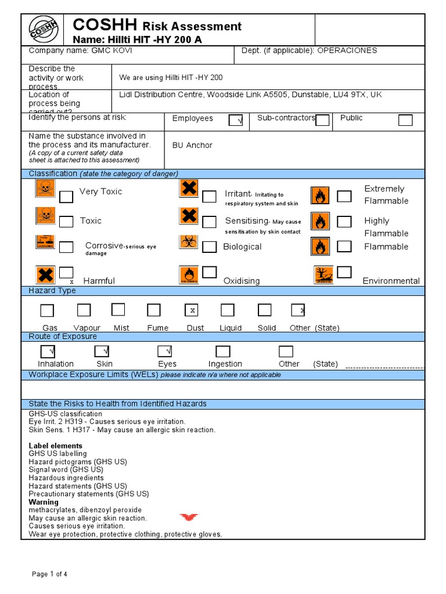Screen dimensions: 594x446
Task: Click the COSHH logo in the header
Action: [x=45, y=29]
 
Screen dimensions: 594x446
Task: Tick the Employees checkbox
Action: [x=236, y=120]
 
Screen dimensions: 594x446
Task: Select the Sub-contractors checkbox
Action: [x=322, y=120]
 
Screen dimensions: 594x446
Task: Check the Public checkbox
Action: [x=405, y=120]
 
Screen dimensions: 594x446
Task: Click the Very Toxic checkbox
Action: [x=67, y=197]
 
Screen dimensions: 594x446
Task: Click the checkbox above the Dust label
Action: [x=192, y=310]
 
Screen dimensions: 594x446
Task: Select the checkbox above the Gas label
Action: [x=47, y=310]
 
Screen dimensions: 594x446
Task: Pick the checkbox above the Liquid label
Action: [x=228, y=310]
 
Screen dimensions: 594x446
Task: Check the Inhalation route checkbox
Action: [x=48, y=352]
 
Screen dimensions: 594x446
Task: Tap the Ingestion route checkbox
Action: [x=223, y=352]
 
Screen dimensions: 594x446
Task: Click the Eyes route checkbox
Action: [x=166, y=352]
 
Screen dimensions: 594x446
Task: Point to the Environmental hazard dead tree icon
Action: [x=323, y=274]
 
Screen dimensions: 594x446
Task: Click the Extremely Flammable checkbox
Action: [x=344, y=196]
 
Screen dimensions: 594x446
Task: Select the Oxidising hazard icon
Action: [x=188, y=275]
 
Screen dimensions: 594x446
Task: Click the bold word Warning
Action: [x=44, y=502]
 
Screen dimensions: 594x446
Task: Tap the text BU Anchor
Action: [x=192, y=145]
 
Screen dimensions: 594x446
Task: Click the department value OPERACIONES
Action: [x=347, y=50]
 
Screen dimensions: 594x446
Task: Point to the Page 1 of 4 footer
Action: [x=49, y=574]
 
